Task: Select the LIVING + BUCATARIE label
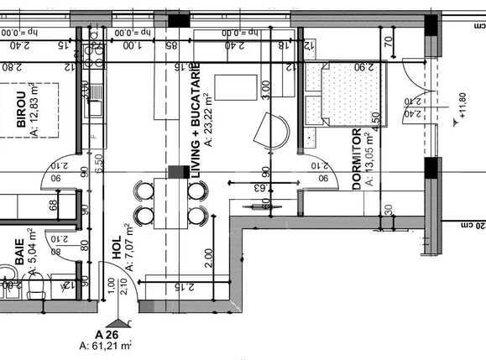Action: click(x=196, y=107)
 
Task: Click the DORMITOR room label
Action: click(x=357, y=159)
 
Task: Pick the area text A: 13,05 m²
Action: click(x=370, y=159)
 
